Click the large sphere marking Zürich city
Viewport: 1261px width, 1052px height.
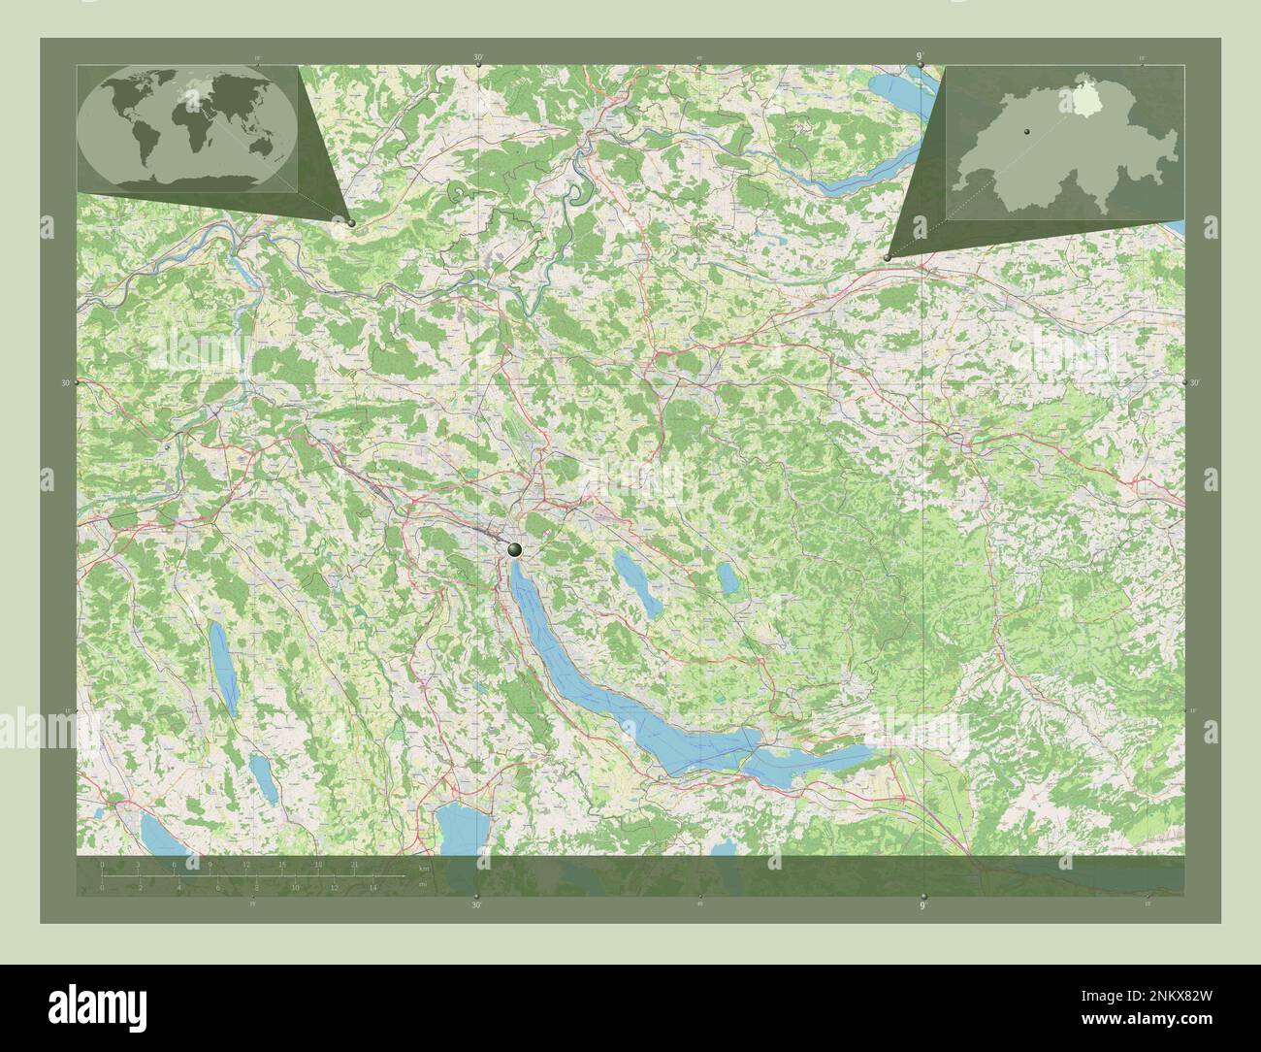pos(514,549)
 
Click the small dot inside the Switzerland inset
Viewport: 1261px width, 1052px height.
pos(1022,130)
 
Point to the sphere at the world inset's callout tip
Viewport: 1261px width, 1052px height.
pos(350,222)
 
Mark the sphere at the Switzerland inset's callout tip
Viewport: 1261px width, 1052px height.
pos(888,257)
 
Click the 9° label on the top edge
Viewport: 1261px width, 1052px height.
pos(920,57)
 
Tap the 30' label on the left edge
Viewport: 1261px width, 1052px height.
pos(66,383)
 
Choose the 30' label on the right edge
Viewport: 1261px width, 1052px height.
pos(1195,383)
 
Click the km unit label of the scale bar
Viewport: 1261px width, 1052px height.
pos(424,867)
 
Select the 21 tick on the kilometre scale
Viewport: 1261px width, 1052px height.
pos(355,865)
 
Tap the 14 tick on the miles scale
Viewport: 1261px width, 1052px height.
pos(372,887)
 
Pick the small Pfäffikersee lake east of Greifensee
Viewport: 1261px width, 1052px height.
pos(727,578)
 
